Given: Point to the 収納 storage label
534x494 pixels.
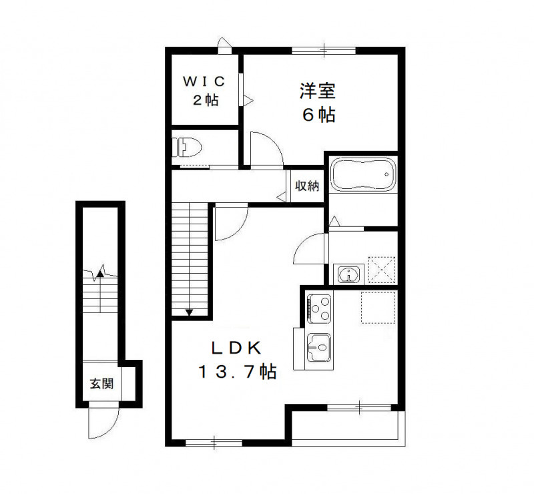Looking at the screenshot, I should click(307, 186).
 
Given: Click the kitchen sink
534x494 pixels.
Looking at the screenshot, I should click(318, 347).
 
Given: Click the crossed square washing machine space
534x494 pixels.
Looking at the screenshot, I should click(382, 271).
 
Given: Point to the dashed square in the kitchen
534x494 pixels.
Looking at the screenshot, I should click(378, 307).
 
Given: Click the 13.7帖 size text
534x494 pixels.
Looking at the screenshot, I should click(238, 373).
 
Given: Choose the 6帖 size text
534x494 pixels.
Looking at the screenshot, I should click(318, 114).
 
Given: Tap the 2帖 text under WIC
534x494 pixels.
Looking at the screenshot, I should click(205, 100).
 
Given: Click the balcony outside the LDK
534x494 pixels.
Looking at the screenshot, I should click(347, 427).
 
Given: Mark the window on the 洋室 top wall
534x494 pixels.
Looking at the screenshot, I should click(323, 49).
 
